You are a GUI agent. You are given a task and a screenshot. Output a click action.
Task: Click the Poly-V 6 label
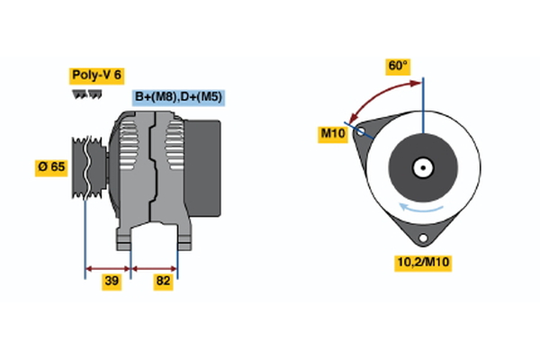96,75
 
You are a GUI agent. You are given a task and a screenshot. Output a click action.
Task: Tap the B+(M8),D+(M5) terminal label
177,96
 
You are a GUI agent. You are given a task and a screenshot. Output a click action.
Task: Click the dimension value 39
112,282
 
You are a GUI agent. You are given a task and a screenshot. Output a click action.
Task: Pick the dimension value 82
163,282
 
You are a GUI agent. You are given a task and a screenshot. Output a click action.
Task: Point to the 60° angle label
398,66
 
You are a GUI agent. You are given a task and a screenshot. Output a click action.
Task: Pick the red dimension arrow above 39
108,267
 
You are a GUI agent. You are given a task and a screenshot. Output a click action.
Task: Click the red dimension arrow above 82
155,267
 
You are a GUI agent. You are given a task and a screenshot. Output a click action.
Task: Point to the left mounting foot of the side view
125,238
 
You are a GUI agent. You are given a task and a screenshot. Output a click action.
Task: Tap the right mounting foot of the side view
183,238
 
